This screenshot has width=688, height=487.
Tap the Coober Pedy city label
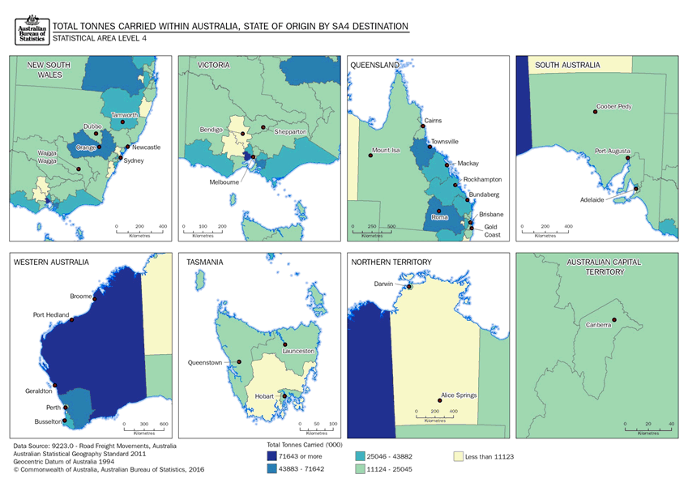click(613, 105)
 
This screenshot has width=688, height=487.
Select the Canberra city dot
click(614, 319)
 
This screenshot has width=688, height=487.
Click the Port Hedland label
click(50, 314)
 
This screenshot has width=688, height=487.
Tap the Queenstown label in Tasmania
click(204, 362)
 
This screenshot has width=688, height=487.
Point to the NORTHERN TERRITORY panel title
click(391, 263)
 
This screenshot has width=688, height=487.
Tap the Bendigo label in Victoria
click(212, 130)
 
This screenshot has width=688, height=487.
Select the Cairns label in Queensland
click(432, 120)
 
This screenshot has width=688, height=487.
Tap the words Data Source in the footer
click(32, 446)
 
